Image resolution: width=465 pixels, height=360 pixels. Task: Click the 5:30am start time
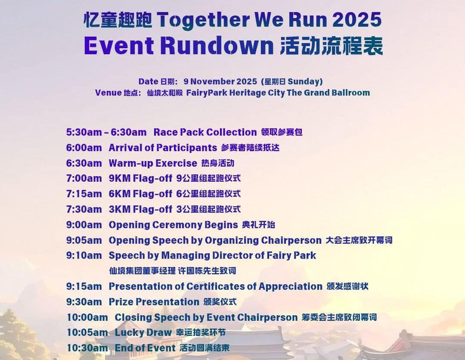tap(84, 132)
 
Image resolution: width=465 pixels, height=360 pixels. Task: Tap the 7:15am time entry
tap(84, 194)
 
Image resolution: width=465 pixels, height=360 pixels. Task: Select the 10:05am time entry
tap(87, 333)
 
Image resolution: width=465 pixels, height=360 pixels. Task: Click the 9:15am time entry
tap(84, 286)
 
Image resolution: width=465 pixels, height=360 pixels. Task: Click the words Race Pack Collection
tap(205, 132)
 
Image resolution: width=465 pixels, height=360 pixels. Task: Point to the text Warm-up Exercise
tap(153, 163)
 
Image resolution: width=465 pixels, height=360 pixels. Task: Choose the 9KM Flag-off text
tap(140, 179)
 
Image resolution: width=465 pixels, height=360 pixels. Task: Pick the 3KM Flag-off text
tap(140, 209)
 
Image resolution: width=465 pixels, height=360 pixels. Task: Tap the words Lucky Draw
tap(143, 333)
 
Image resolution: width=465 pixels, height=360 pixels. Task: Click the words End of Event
tap(146, 348)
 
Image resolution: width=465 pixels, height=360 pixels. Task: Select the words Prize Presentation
tap(154, 302)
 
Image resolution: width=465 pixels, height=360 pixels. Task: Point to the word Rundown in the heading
tap(217, 46)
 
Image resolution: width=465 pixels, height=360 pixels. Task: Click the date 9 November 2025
tap(220, 81)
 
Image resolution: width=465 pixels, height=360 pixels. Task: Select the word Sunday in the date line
tap(304, 82)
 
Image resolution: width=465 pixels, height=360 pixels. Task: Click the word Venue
tap(108, 93)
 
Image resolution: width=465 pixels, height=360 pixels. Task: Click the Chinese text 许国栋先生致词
tap(207, 271)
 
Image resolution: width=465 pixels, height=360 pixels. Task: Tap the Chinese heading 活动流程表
tap(332, 46)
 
